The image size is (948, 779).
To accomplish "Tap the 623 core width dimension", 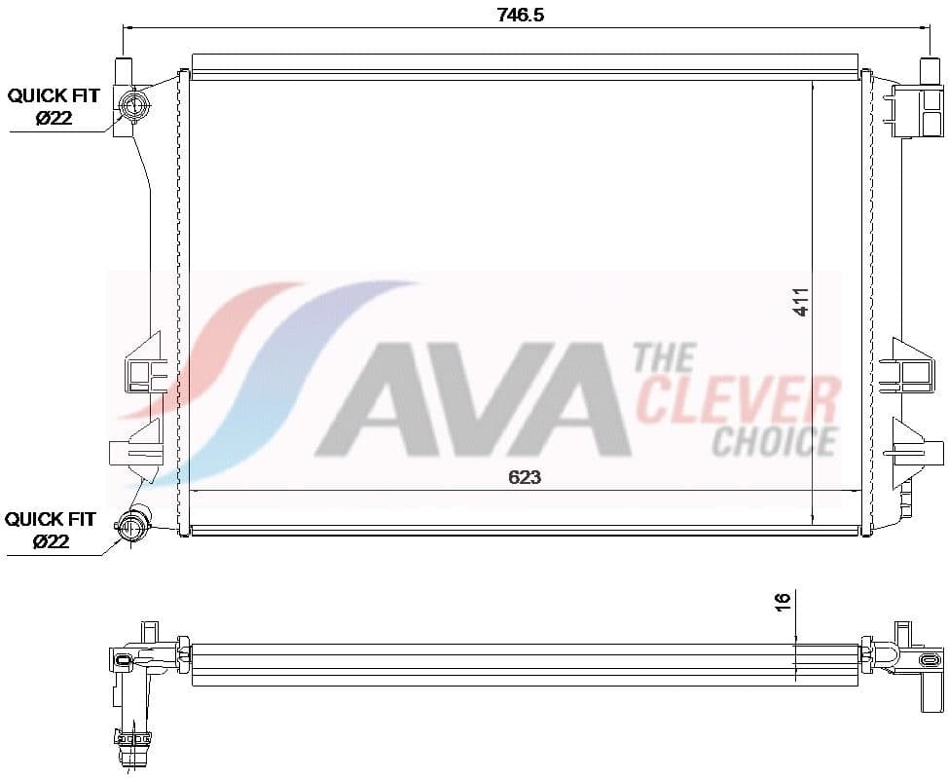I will point(524,477).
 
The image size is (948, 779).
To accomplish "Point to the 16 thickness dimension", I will point(783,601).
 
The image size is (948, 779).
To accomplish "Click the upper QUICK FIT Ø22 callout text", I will point(54,106).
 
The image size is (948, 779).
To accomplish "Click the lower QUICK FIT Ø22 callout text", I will point(51,529).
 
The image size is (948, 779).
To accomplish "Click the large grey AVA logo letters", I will point(477,399).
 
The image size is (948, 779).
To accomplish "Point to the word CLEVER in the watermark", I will point(738,400).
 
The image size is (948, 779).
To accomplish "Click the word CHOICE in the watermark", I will point(775,441).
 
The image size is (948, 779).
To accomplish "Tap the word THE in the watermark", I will point(664,358).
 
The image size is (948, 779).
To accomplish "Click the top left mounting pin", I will point(124,71).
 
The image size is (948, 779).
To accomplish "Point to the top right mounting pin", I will point(928,71).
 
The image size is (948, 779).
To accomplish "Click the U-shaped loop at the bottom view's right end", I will point(888,655).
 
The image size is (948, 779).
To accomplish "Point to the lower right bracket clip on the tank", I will point(911,447).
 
